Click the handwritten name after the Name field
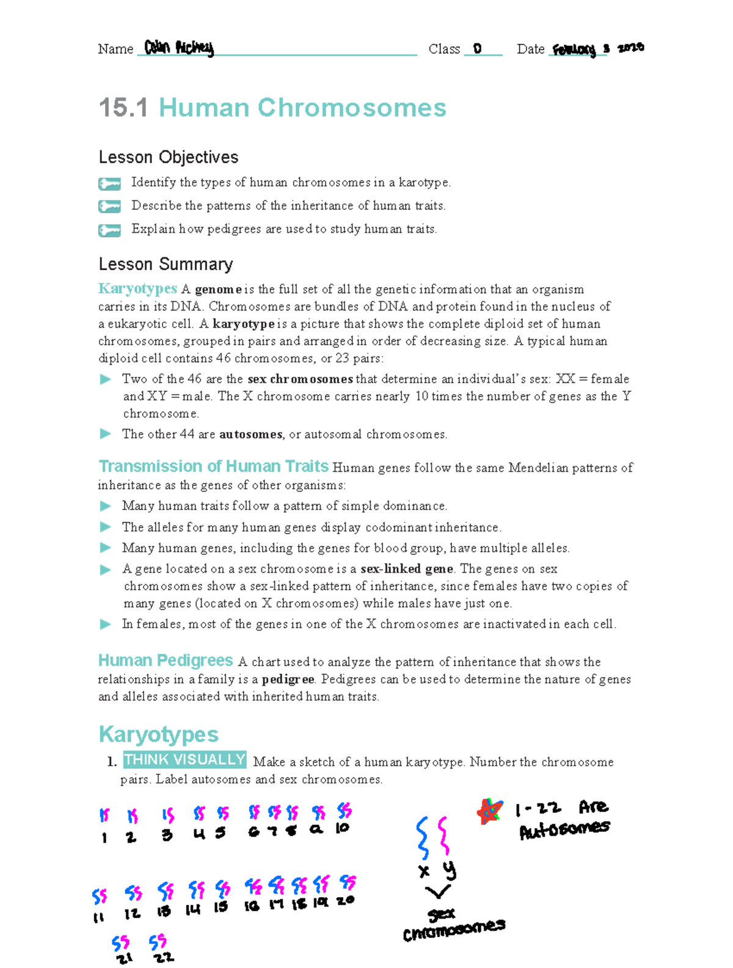(x=179, y=48)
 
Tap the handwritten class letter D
(x=477, y=48)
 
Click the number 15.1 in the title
(x=123, y=108)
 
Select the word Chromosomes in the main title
(x=352, y=108)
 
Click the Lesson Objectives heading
(x=168, y=157)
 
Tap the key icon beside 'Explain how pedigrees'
(x=109, y=230)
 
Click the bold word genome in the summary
(x=218, y=290)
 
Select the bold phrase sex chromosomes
(x=300, y=379)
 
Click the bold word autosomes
(x=250, y=435)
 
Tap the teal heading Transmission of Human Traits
(x=213, y=466)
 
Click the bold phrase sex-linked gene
(x=406, y=569)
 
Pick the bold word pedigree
(x=288, y=680)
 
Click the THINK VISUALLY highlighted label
(x=184, y=760)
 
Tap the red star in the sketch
(x=489, y=812)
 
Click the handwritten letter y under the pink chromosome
(x=449, y=870)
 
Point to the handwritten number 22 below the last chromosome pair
(x=163, y=958)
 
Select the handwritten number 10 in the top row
(x=342, y=828)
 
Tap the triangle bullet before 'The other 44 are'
(x=106, y=434)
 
